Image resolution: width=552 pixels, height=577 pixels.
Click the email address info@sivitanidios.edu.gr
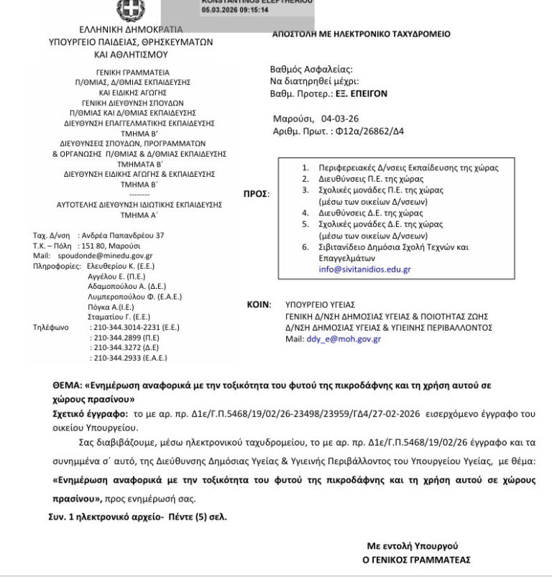(355, 269)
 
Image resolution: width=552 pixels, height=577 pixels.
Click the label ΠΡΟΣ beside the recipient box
(257, 193)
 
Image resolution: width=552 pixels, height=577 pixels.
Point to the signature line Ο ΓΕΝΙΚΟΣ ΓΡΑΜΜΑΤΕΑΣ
(416, 559)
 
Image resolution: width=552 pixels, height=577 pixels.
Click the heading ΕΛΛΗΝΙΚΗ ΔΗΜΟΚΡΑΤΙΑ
(131, 30)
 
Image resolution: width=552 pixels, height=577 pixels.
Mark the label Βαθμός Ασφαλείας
(310, 70)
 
